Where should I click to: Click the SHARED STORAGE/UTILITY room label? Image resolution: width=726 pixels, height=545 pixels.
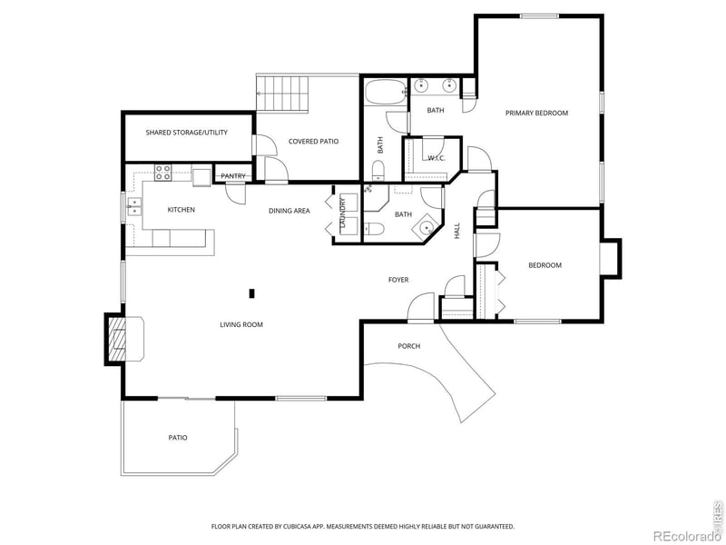coord(186,133)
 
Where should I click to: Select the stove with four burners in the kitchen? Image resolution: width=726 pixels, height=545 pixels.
coord(163,170)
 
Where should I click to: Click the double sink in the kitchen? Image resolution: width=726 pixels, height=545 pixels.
coord(134,205)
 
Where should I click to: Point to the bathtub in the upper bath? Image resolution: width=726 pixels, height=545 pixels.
coord(386,94)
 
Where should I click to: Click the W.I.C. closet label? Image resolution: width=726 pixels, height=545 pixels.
coord(436,158)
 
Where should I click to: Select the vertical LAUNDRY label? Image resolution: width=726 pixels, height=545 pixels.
coord(343,215)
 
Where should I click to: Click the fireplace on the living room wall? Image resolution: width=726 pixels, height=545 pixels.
coord(117,339)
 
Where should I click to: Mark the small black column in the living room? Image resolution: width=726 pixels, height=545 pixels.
coord(252,292)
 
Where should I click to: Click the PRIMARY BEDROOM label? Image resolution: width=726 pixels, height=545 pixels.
coord(536,113)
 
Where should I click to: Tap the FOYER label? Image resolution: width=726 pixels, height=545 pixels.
coord(398,280)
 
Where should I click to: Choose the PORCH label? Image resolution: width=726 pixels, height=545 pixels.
coord(408,346)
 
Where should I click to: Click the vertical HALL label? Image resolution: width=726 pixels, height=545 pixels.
coord(456,231)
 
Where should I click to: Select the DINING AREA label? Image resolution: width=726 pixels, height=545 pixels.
coord(289,211)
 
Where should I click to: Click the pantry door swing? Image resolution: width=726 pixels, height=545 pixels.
coord(235,191)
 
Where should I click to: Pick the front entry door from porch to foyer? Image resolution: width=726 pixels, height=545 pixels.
coord(420,311)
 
